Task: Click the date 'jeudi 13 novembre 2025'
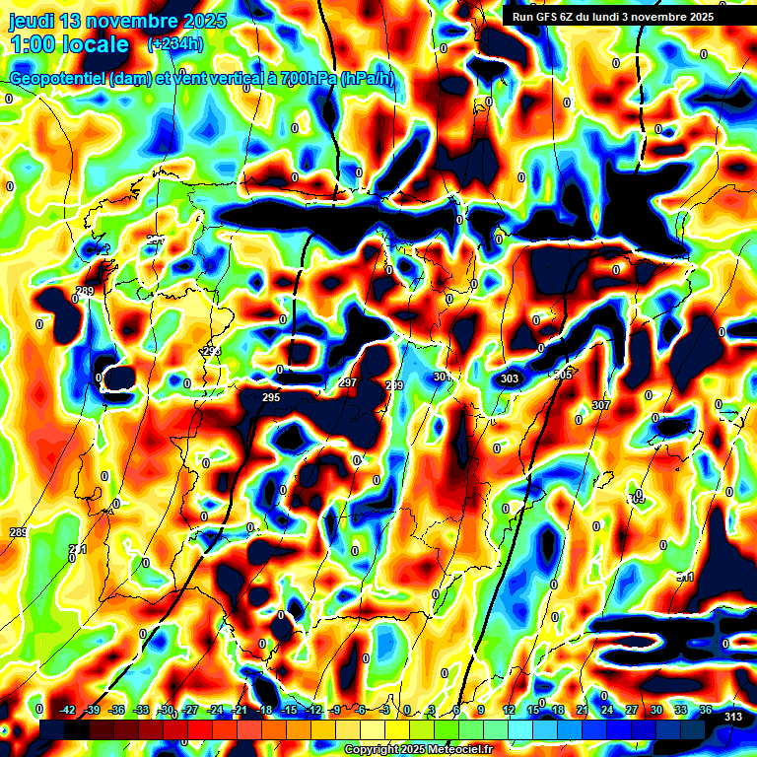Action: [117, 22]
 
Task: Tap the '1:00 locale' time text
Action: [69, 44]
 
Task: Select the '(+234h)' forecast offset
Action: [175, 44]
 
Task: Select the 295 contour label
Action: [272, 397]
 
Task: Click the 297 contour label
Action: [348, 382]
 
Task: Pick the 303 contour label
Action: [510, 378]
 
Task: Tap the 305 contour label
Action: [563, 375]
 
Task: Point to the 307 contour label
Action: [601, 405]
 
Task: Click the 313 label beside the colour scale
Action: [732, 717]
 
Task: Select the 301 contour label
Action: [442, 377]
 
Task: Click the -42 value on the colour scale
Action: [68, 710]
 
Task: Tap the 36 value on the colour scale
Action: [705, 710]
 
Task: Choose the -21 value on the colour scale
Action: [240, 710]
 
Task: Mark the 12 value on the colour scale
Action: [509, 710]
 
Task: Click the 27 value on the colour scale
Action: [631, 710]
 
